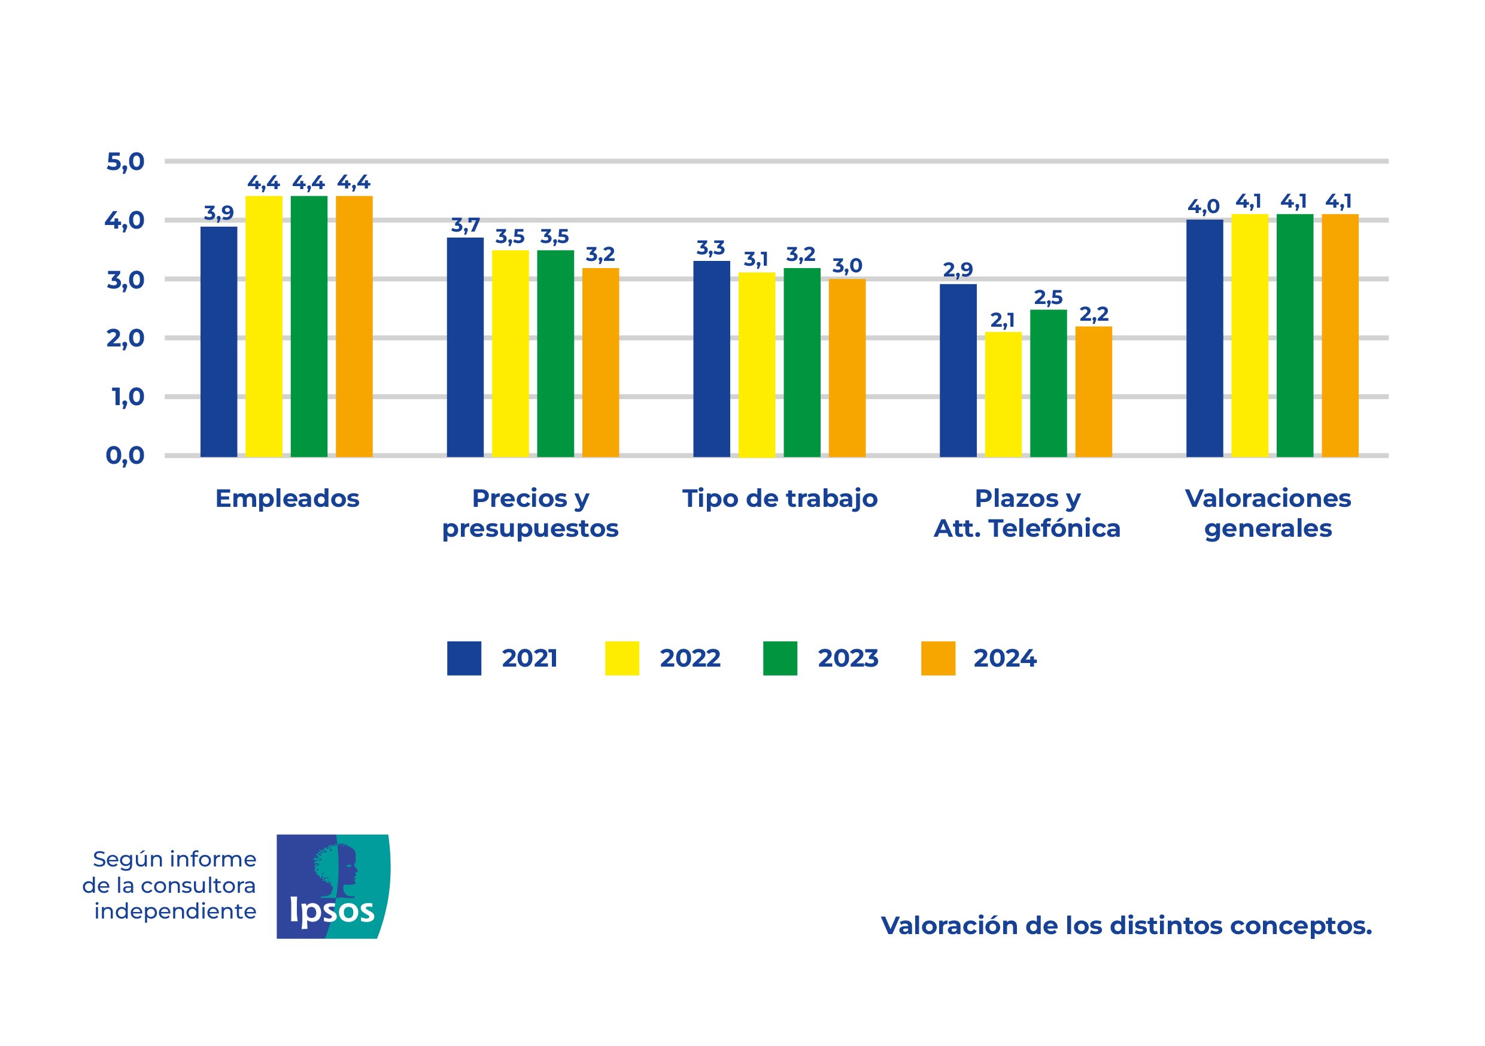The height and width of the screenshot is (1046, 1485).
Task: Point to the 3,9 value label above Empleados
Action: click(x=218, y=212)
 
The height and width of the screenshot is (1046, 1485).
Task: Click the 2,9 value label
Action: click(x=958, y=270)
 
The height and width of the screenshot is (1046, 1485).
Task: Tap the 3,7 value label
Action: click(x=465, y=225)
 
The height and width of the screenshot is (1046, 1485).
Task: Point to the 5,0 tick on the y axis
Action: click(x=126, y=162)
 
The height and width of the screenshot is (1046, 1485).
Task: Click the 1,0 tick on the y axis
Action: click(x=128, y=397)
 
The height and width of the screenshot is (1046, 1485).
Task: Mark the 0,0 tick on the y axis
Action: click(x=126, y=456)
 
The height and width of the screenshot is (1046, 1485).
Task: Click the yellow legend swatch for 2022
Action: click(x=621, y=658)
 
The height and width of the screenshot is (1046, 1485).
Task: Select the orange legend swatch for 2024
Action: click(x=938, y=658)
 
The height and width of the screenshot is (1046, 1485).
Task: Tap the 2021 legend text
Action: click(x=529, y=658)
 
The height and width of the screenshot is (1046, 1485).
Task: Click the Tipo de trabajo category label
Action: click(x=779, y=498)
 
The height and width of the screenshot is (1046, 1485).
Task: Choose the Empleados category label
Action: click(x=287, y=498)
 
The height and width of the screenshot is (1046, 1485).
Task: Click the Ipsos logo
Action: click(x=333, y=886)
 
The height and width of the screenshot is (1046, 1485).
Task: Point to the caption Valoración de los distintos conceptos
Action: click(x=1126, y=926)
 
